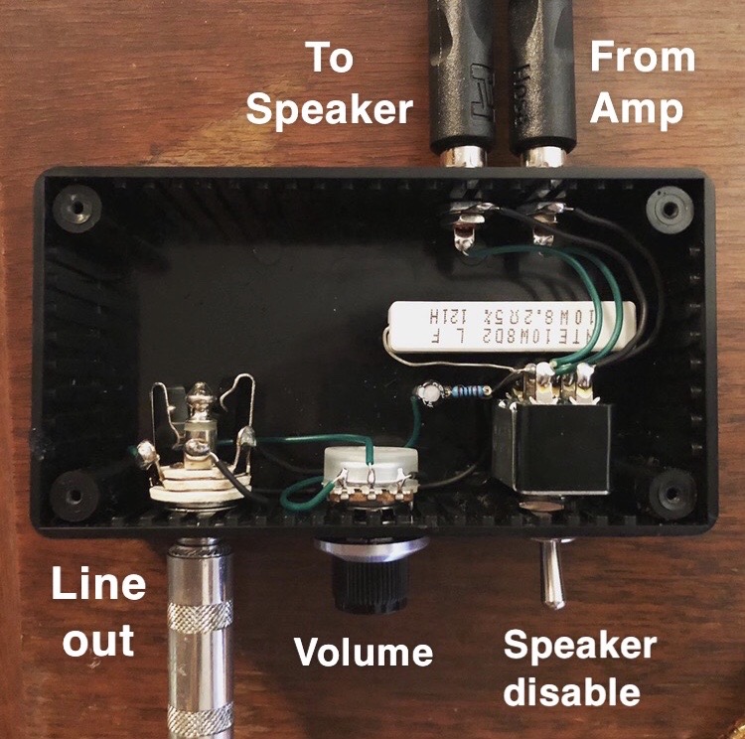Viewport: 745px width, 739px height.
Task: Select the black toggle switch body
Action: pos(549,446)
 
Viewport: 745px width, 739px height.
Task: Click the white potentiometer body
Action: pos(368,467)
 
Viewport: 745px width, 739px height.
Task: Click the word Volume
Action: pos(363,653)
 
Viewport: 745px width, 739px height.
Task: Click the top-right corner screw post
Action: pos(663,210)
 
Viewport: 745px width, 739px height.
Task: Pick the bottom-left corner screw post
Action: pos(75,491)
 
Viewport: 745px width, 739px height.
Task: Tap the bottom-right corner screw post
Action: pos(674,489)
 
